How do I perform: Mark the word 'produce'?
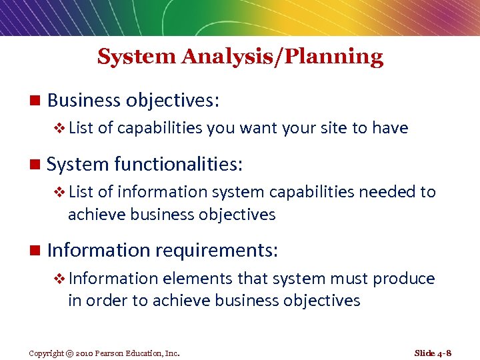[404, 279]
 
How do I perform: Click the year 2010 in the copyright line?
[85, 353]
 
